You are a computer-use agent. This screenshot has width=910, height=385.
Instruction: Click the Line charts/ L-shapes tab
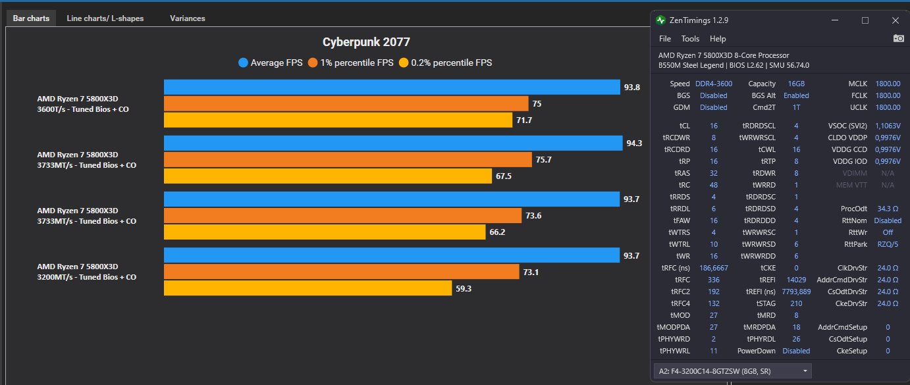pyautogui.click(x=105, y=18)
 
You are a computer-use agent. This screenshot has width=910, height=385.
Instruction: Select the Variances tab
pyautogui.click(x=187, y=18)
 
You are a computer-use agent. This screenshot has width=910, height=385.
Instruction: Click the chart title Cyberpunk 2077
pyautogui.click(x=366, y=42)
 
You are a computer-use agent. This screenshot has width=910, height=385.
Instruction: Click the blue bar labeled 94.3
pyautogui.click(x=392, y=143)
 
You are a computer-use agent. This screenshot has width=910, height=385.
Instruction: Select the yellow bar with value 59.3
pyautogui.click(x=308, y=288)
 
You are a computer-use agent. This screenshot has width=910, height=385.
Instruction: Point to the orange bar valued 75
pyautogui.click(x=346, y=103)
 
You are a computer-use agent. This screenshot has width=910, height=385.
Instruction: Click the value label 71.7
pyautogui.click(x=525, y=120)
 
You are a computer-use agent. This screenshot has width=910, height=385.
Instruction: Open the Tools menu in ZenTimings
pyautogui.click(x=690, y=39)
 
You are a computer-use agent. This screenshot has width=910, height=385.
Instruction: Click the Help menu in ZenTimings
pyautogui.click(x=718, y=39)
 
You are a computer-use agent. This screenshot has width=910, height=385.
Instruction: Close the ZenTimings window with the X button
pyautogui.click(x=895, y=20)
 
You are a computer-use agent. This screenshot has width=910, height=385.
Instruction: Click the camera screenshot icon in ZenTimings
pyautogui.click(x=898, y=39)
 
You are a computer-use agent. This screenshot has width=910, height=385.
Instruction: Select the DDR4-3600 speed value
pyautogui.click(x=714, y=84)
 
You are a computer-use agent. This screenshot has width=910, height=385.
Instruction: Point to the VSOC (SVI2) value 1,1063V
pyautogui.click(x=888, y=126)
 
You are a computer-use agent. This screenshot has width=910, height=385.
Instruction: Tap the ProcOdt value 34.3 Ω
pyautogui.click(x=888, y=209)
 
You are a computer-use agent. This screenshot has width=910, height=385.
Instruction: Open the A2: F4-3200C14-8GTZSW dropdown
pyautogui.click(x=732, y=371)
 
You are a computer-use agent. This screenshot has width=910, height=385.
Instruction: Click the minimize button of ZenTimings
pyautogui.click(x=836, y=20)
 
